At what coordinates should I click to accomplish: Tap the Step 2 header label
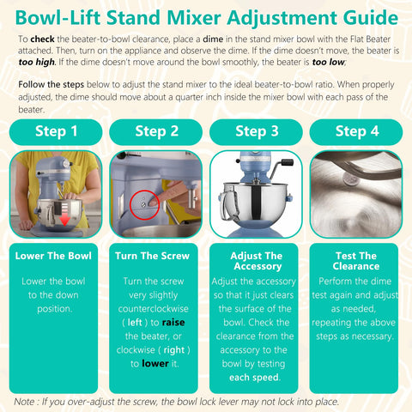(156, 131)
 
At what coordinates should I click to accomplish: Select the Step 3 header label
(256, 131)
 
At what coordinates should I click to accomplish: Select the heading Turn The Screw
(156, 256)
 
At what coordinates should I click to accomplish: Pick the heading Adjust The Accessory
(256, 261)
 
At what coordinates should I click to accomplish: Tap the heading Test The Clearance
(355, 261)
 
